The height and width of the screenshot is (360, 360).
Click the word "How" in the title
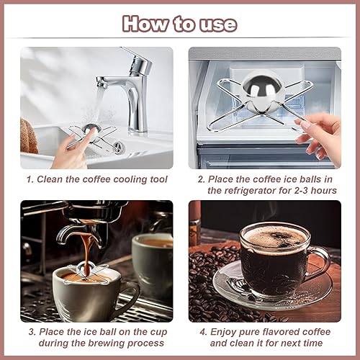pyautogui.click(x=145, y=24)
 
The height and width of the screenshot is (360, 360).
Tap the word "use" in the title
pyautogui.click(x=218, y=25)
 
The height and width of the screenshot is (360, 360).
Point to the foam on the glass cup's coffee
pyautogui.click(x=274, y=238)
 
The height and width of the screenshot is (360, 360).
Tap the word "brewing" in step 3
pyautogui.click(x=107, y=343)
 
